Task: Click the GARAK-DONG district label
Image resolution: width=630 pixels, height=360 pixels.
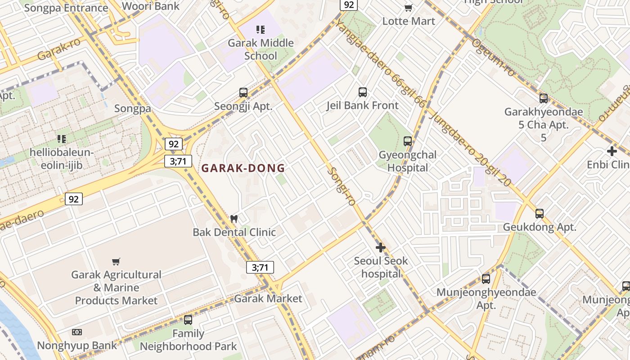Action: [243, 168]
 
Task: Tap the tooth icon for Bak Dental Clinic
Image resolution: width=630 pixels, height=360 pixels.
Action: [234, 219]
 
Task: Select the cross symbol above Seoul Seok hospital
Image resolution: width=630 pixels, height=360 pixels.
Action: [381, 247]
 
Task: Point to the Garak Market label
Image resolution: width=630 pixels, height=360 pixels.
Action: [268, 298]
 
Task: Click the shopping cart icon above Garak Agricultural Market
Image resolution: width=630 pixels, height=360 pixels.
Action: [116, 261]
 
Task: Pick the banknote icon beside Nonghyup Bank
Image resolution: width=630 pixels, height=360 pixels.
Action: [77, 332]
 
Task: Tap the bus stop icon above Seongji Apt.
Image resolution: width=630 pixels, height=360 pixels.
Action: [243, 93]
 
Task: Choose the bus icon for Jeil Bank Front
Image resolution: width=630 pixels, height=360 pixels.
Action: [363, 92]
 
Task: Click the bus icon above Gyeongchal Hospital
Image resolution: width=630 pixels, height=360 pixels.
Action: [408, 141]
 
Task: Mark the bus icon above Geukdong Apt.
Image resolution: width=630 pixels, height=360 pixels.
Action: [540, 214]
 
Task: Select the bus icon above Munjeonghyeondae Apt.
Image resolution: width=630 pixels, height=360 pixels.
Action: [486, 279]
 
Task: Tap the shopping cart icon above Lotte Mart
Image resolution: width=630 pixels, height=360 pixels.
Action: [409, 8]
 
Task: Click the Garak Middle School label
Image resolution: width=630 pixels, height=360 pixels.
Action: [261, 49]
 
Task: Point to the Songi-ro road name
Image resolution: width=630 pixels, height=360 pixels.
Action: [342, 186]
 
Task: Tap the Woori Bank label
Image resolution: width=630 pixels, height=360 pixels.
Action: [151, 6]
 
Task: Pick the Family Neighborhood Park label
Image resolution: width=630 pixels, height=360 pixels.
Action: [188, 340]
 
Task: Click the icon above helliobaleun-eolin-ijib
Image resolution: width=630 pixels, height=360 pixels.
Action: [62, 139]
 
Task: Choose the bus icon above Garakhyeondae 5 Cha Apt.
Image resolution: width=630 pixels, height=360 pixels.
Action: [544, 99]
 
